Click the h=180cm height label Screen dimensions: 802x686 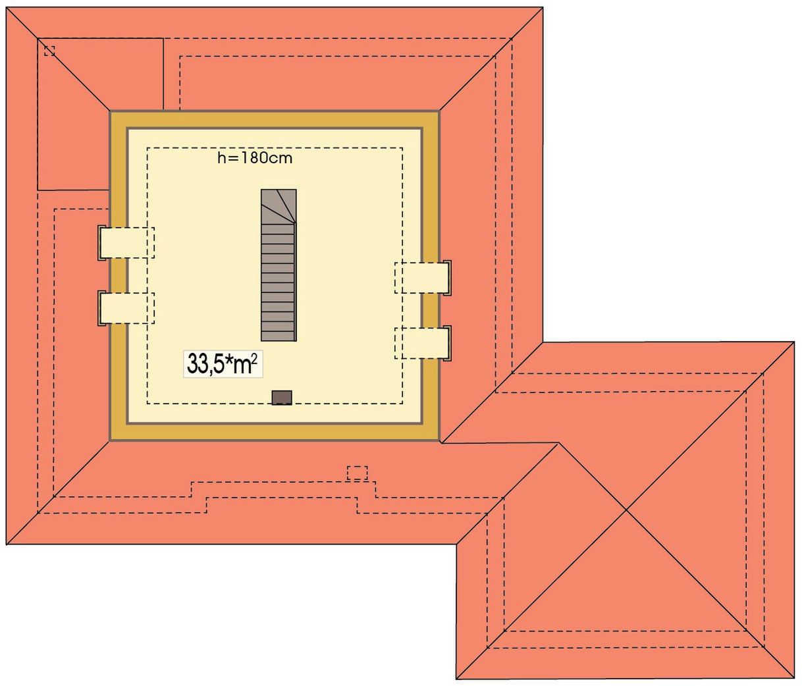255,158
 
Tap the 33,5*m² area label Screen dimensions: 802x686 223,364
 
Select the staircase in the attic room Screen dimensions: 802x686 279,265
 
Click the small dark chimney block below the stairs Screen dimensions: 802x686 282,398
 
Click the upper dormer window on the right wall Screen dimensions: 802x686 423,278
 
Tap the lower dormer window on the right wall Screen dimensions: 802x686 423,344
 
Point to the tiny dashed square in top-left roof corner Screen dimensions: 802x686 49,51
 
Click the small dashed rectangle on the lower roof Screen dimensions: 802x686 357,473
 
